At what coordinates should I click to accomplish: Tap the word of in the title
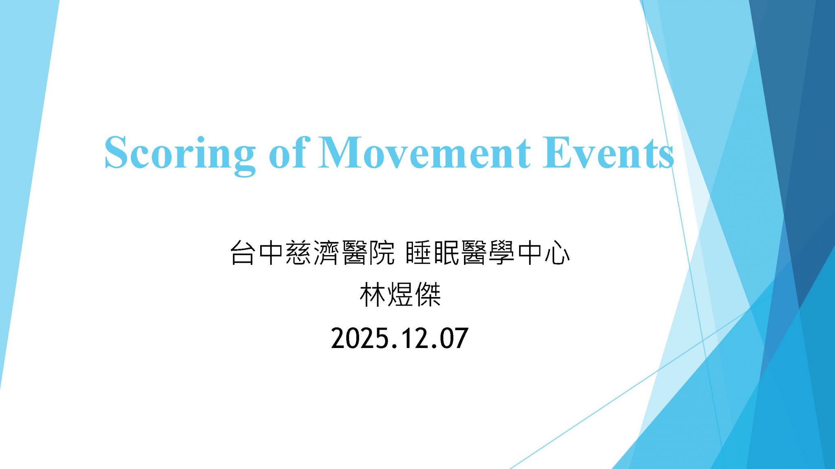[287, 153]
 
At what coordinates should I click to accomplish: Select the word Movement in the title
[424, 153]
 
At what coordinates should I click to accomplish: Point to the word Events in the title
[607, 153]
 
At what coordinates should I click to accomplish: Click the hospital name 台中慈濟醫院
[312, 253]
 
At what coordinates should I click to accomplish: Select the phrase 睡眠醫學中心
[488, 253]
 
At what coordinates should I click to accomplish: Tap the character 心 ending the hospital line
[557, 253]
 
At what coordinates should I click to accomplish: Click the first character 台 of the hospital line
[243, 253]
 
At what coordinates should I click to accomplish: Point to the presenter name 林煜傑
[400, 295]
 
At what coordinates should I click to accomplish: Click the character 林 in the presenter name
[372, 295]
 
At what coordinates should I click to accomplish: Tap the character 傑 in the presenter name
[428, 295]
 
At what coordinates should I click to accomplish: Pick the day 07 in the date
[453, 339]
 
